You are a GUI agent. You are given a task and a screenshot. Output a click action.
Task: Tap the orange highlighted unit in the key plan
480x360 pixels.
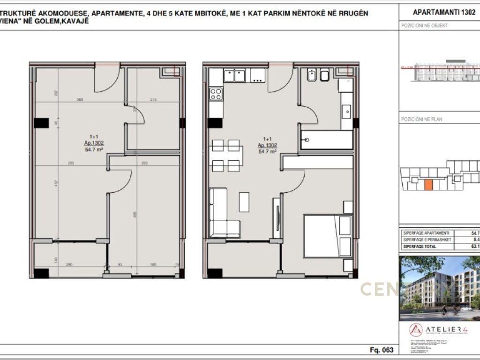tap(428, 184)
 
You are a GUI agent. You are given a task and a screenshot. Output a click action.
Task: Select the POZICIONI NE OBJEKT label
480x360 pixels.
tap(424, 26)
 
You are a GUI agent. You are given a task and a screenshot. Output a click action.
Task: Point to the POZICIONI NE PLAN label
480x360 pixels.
tap(421, 120)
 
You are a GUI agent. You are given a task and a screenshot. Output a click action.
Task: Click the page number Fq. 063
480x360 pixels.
tap(381, 350)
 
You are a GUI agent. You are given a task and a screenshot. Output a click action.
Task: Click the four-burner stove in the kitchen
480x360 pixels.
tap(216, 94)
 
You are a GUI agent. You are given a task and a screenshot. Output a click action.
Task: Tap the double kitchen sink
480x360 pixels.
tap(235, 75)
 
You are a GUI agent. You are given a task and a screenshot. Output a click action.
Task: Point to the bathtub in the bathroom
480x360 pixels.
tap(326, 140)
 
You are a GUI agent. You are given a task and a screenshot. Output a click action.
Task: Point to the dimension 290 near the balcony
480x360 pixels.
tap(69, 265)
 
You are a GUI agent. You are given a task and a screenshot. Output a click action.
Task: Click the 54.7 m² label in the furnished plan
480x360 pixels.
tap(268, 151)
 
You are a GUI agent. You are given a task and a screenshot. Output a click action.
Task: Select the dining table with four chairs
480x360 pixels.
tap(226, 155)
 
